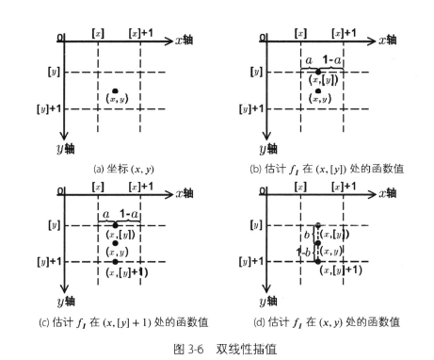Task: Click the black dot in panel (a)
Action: tap(114, 90)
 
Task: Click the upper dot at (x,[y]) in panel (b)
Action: tap(318, 72)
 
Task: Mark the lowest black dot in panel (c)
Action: tap(115, 260)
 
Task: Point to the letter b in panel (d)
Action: tap(307, 233)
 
